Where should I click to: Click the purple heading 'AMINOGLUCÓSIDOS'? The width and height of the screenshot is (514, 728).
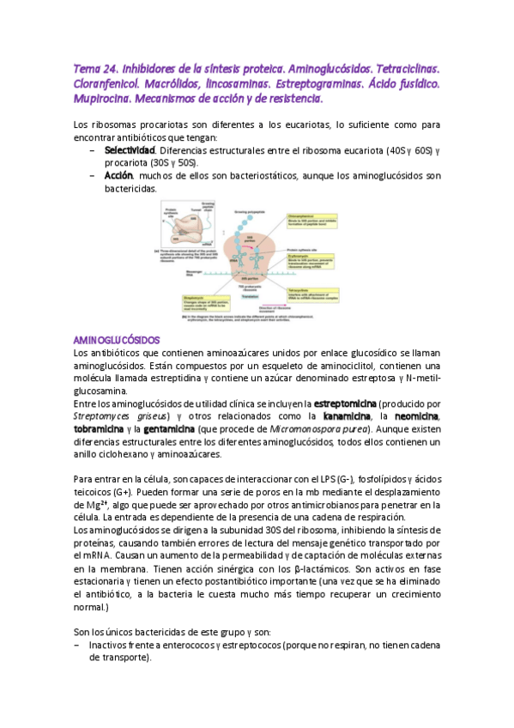pyautogui.click(x=111, y=340)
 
